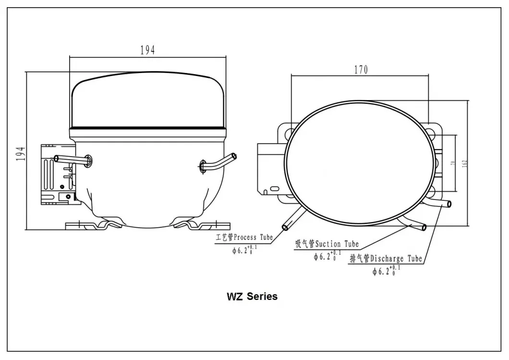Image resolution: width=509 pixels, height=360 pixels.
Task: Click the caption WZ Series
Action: click(252, 296)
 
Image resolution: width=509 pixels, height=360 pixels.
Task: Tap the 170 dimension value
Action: click(361, 70)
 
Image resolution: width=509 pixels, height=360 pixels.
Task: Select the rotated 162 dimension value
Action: click(464, 163)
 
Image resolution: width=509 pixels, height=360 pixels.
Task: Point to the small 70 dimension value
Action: click(452, 163)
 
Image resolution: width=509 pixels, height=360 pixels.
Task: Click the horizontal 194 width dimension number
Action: click(147, 50)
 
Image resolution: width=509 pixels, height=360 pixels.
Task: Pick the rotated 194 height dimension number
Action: click(20, 154)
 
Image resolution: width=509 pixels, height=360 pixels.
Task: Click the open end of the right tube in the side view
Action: click(234, 156)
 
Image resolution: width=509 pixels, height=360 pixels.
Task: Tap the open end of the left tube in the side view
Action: click(56, 158)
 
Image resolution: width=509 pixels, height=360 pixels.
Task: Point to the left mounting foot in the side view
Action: click(94, 225)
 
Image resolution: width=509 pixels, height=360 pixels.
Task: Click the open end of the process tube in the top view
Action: click(285, 226)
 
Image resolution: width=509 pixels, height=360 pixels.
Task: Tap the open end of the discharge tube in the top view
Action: click(449, 204)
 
